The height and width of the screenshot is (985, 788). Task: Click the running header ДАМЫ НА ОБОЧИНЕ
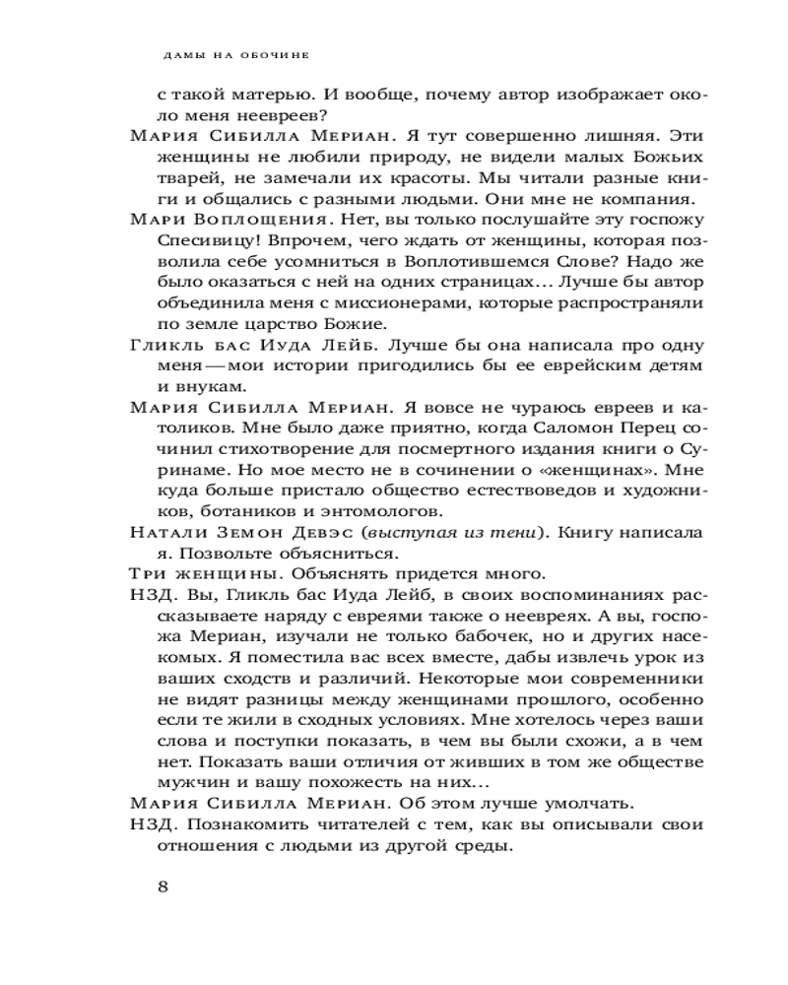[x=234, y=55]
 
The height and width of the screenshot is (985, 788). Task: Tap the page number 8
[x=164, y=885]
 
